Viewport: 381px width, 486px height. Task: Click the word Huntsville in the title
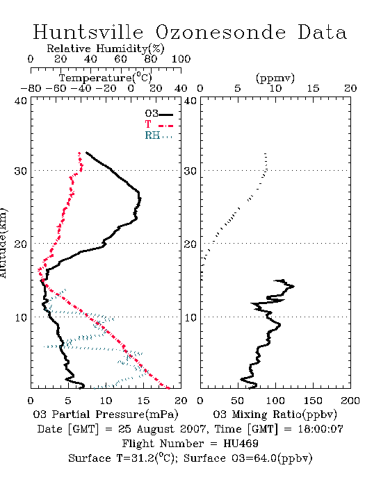pos(88,32)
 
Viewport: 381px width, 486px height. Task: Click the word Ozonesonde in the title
pos(220,32)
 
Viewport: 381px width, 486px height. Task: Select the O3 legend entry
pos(159,114)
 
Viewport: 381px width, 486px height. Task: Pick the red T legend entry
pos(159,124)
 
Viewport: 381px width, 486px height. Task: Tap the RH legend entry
pos(159,135)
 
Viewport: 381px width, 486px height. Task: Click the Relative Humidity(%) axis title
pos(106,49)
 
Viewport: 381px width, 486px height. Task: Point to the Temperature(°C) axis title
pos(106,78)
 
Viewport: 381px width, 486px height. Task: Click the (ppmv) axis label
pos(275,78)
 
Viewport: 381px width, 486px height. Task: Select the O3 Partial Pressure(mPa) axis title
pos(106,414)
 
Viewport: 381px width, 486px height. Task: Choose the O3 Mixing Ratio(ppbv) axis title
pos(275,414)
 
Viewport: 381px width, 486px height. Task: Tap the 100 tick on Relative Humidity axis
pos(181,59)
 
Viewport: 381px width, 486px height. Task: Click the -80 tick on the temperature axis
pos(31,89)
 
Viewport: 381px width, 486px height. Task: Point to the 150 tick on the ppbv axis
pos(313,401)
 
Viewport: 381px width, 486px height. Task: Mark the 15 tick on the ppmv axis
pos(313,89)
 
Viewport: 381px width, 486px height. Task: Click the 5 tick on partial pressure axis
pos(68,401)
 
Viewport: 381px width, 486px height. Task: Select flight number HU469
pos(241,444)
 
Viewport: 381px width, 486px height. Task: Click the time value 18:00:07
pos(321,429)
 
